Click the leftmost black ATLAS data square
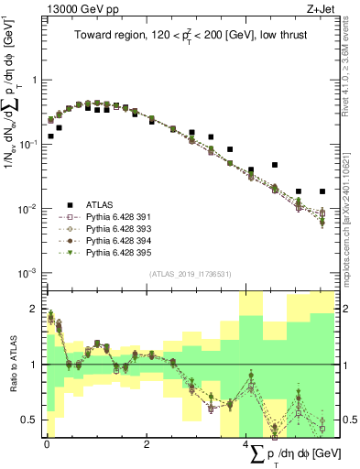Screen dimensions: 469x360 (x=50, y=136)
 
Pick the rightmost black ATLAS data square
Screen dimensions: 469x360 (x=322, y=191)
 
